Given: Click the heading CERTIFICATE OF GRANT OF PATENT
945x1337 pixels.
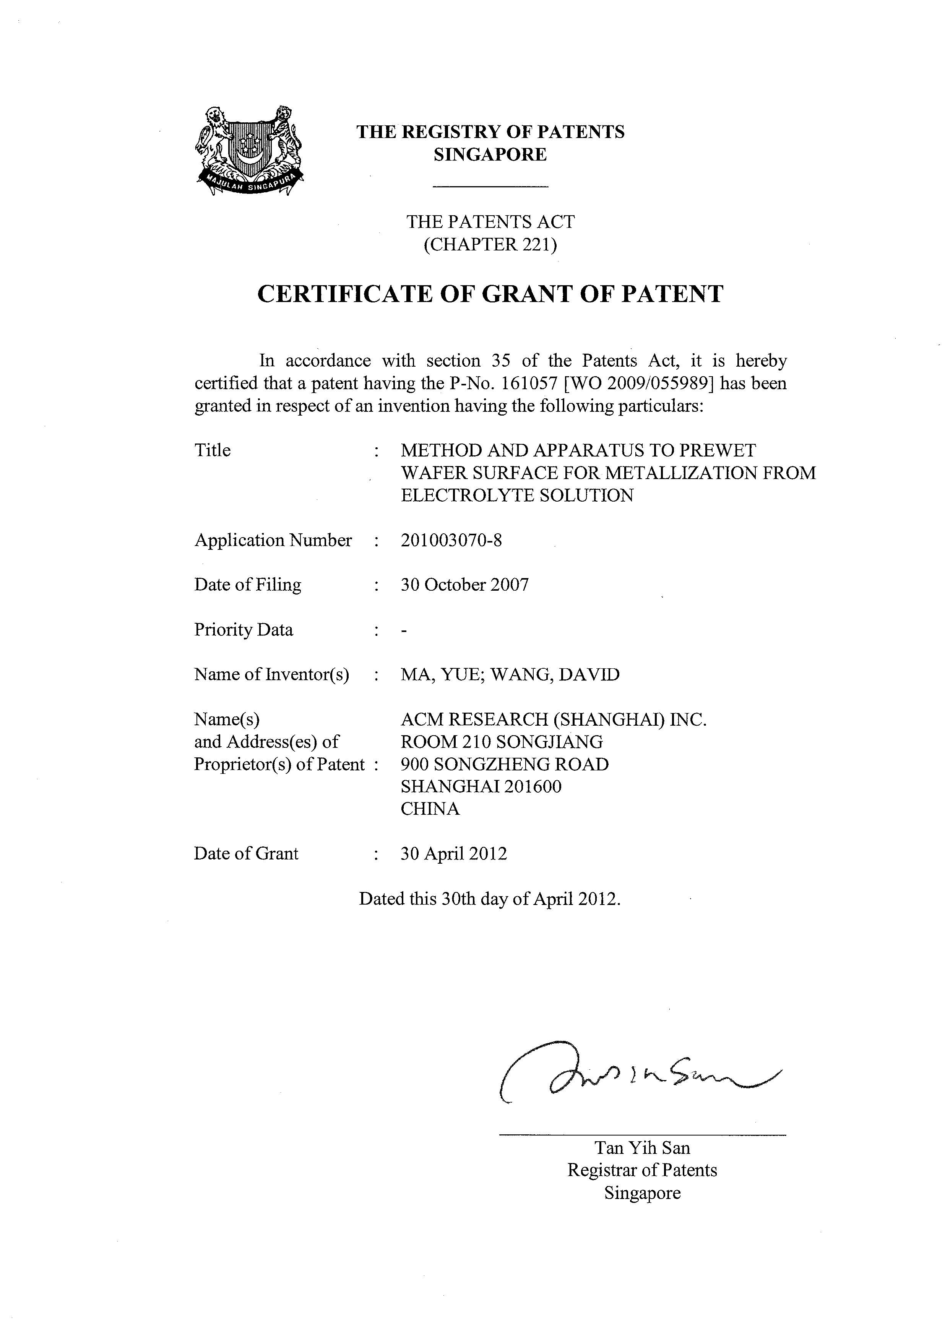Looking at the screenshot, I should [490, 294].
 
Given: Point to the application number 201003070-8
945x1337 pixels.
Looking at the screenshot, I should [451, 540].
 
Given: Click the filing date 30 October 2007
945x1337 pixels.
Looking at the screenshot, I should [464, 585].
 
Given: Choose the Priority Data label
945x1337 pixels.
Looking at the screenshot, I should [244, 630].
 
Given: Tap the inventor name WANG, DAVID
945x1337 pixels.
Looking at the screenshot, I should [555, 674].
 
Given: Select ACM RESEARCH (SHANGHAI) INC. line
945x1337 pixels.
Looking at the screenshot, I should [553, 720].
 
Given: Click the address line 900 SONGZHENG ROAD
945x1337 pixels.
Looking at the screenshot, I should [504, 764].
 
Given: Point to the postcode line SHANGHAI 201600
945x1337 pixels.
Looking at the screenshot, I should [481, 787].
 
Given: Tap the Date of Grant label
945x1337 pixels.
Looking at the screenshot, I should [246, 854].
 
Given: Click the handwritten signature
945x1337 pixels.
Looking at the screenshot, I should [635, 1074].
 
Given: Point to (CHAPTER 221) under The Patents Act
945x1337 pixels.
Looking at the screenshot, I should [490, 245].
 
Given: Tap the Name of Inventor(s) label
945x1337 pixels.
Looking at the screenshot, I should [271, 674].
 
